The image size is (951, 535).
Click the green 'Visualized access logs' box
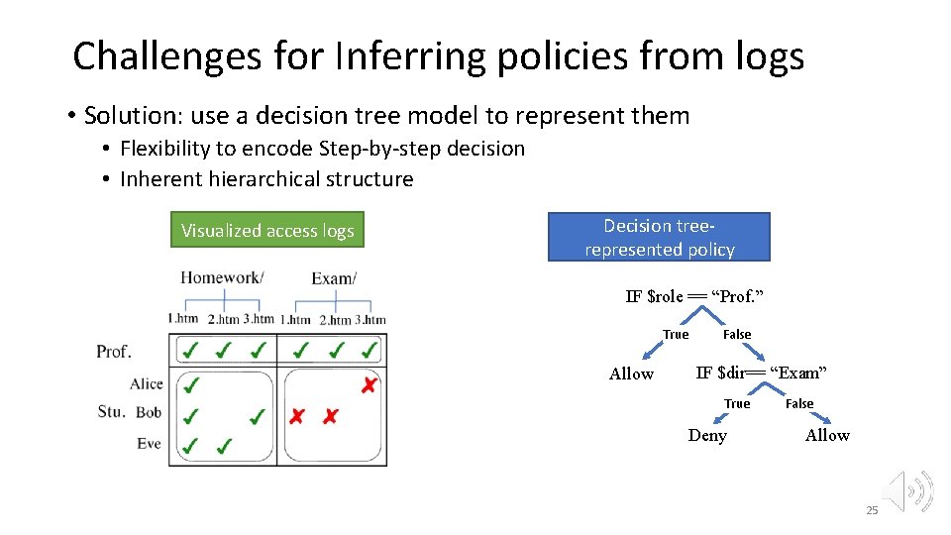pos(267,231)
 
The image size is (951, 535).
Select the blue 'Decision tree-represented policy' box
pos(659,238)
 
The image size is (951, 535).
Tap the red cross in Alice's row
pos(369,384)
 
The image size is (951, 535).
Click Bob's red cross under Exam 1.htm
pos(296,416)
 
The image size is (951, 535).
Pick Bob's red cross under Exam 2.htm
pos(330,416)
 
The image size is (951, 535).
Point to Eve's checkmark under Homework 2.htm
pos(225,446)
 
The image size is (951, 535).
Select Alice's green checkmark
pos(191,384)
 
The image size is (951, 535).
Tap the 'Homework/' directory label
pos(222,277)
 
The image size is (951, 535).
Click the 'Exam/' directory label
pos(333,278)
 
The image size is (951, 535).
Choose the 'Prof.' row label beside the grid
pos(114,352)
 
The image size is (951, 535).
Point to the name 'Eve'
pos(149,444)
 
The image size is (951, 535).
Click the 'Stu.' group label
pos(110,412)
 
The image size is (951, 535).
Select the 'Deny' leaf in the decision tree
pos(707,436)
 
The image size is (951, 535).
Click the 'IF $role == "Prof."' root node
pos(694,297)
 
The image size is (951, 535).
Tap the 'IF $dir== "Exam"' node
pos(761,374)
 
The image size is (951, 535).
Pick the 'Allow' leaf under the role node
pos(631,374)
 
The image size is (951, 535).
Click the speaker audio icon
pos(908,490)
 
